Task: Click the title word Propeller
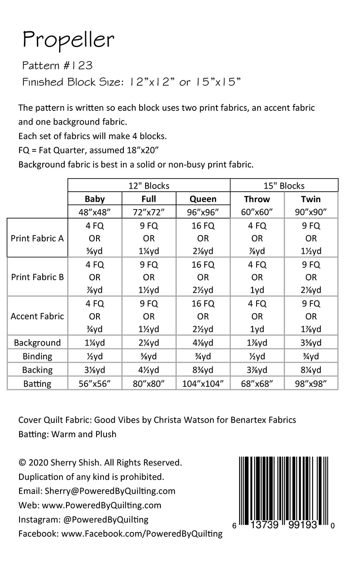68,40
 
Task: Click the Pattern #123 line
57,66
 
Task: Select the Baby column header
95,199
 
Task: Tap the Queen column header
203,199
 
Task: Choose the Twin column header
311,199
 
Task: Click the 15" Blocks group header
284,186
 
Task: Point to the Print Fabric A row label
37,238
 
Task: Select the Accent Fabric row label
37,316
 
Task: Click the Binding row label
37,356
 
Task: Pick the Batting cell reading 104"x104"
203,383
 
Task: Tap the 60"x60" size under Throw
257,213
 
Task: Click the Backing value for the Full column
149,370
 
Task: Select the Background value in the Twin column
311,342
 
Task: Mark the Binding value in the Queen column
203,356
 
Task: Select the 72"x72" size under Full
149,213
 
